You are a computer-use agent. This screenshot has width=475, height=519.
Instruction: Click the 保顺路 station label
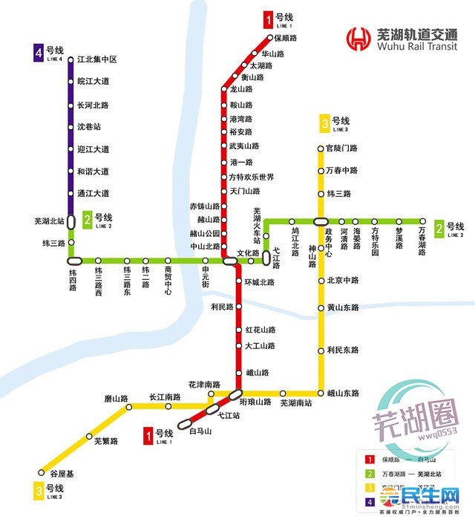pos(286,38)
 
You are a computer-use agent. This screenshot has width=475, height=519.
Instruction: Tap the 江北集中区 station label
pos(98,59)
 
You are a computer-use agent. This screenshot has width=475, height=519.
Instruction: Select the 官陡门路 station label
pos(342,148)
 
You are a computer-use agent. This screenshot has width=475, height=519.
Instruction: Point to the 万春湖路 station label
pos(422,240)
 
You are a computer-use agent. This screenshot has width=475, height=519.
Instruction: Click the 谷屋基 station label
pos(62,474)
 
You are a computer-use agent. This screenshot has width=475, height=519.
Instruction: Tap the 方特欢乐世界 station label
pos(252,177)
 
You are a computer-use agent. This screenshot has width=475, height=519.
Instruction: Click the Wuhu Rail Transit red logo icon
pos(361,37)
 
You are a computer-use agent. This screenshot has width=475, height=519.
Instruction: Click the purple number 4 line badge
pos(38,52)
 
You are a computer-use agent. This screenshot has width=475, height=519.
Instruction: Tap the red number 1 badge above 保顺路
pos(268,19)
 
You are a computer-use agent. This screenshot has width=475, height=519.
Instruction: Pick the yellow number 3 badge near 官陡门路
pos(324,123)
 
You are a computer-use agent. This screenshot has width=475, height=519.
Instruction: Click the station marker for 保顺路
pos(271,38)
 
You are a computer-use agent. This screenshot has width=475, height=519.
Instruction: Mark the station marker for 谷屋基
pos(42,472)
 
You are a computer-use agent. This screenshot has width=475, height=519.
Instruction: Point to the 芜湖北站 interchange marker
pos(71,221)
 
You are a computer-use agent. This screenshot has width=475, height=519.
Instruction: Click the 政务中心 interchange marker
pos(321,221)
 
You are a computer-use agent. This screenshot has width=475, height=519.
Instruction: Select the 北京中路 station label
pos(342,281)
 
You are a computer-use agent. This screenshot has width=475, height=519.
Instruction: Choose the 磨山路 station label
pos(117,399)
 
